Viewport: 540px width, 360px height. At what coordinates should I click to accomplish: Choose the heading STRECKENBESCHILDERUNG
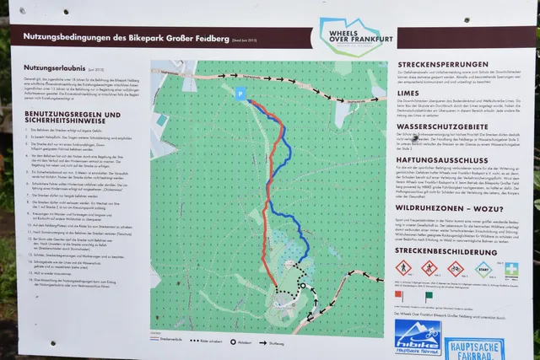pos(451,250)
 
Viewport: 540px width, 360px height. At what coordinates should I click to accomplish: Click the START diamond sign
pos(483,271)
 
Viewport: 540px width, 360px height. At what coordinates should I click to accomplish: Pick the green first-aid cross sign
pos(511,270)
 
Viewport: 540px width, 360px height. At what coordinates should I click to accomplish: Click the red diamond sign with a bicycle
pos(456,270)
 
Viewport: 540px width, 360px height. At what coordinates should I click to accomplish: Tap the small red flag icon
pos(400,295)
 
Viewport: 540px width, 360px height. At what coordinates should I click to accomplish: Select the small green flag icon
pos(427,295)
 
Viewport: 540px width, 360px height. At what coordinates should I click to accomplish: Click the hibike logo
pos(414,336)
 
